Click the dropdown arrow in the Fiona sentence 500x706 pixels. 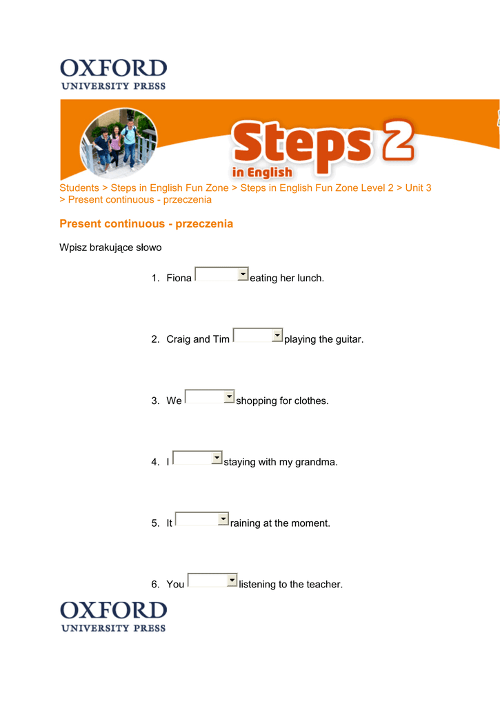243,274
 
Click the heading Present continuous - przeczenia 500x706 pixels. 146,223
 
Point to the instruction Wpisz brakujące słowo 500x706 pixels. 110,247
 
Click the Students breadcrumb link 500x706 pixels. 79,188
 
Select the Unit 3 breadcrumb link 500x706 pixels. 418,188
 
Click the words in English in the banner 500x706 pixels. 262,172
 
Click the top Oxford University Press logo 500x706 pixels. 113,74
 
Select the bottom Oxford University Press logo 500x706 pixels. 113,616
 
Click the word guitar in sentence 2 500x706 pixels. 348,339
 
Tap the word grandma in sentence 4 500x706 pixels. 317,462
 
